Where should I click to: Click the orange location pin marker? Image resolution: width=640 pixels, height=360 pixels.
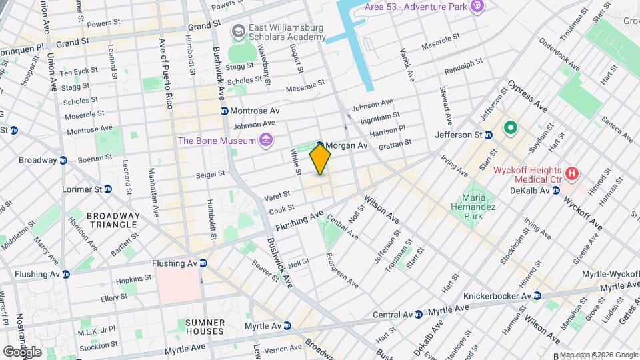coord(321,159)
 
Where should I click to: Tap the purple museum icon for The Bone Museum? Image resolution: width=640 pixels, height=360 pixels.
coord(266,140)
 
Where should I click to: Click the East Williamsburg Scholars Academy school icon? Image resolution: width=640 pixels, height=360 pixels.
coord(237,31)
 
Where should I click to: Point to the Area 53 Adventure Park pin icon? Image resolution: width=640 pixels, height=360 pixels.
coord(476,7)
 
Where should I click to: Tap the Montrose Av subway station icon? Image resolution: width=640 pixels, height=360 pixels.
coord(225,111)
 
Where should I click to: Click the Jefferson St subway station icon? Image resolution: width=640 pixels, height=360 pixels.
coord(488,135)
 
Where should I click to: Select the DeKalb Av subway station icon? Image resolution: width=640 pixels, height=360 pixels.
coord(555,191)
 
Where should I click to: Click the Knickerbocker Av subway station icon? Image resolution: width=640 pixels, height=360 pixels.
coord(535,295)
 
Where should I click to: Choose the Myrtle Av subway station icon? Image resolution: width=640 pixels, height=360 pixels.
coord(287,326)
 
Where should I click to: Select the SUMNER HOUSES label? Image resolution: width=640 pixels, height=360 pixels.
coord(205,327)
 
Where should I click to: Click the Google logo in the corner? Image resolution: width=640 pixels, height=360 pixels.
coord(22,351)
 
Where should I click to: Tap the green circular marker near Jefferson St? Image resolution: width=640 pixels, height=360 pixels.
coord(511,126)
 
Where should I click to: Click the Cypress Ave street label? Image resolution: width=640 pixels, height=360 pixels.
coord(527,97)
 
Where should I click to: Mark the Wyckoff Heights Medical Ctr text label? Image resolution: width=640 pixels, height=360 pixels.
coord(527,175)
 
